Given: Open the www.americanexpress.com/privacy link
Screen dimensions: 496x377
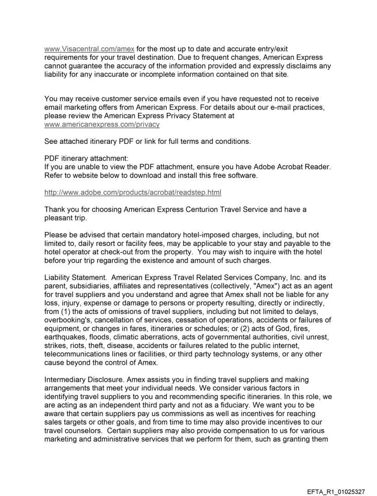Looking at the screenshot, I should coord(102,125).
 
